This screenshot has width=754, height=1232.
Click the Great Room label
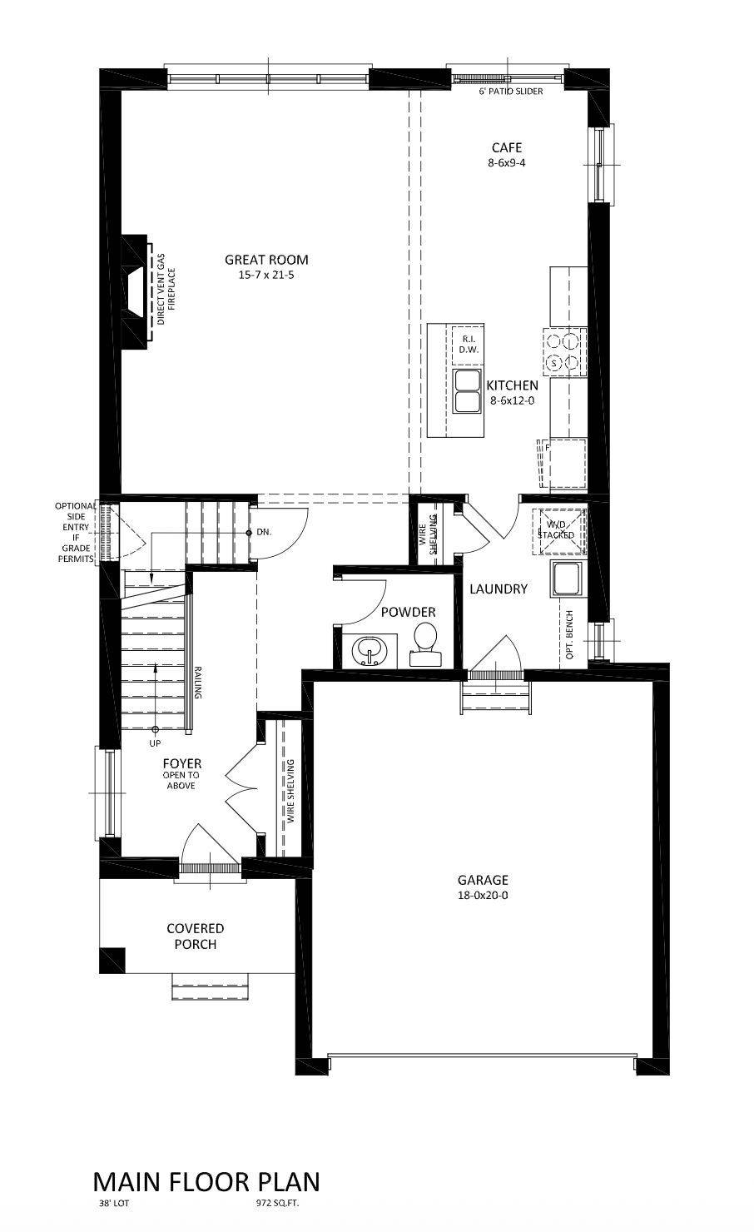coord(265,260)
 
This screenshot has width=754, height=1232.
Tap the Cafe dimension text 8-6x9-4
coord(506,163)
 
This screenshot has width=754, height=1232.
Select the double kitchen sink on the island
coord(468,392)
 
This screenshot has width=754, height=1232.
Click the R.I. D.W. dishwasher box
coord(468,345)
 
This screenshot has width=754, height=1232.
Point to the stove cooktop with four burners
coord(563,350)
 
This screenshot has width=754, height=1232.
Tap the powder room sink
coord(367,649)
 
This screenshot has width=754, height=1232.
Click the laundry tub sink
coord(568,579)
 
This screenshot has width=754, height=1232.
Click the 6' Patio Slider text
coord(510,91)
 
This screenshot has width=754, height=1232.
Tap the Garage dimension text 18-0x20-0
coord(482,896)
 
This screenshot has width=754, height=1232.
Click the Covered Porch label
coord(195,936)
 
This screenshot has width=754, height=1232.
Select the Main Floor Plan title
coord(206,1182)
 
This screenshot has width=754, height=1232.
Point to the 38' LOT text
coord(113,1204)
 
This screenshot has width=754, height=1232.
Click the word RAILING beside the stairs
coord(198,683)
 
